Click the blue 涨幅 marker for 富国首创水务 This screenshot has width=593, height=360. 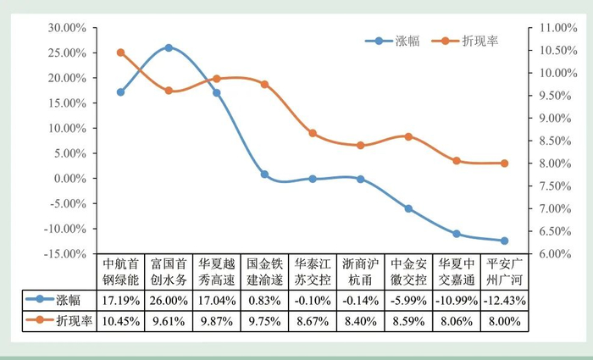click(x=169, y=47)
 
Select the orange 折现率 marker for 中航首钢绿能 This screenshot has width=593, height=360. click(x=120, y=53)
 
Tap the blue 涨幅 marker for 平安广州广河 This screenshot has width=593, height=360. click(x=505, y=241)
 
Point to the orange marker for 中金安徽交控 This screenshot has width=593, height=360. click(x=408, y=136)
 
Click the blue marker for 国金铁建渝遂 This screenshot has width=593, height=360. click(x=264, y=174)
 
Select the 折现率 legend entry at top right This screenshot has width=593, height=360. click(x=474, y=41)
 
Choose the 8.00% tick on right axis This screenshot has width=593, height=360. click(x=546, y=163)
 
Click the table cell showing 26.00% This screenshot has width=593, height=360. click(x=169, y=301)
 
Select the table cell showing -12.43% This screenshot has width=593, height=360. click(x=505, y=301)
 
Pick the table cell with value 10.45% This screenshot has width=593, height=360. click(x=120, y=322)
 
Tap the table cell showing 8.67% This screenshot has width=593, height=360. click(x=313, y=322)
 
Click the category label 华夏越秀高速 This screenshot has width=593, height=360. click(x=216, y=271)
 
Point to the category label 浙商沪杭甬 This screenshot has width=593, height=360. click(x=361, y=271)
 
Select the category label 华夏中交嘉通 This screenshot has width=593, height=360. click(x=457, y=271)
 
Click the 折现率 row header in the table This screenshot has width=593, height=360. click(x=58, y=322)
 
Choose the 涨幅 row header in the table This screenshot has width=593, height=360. click(x=58, y=301)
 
